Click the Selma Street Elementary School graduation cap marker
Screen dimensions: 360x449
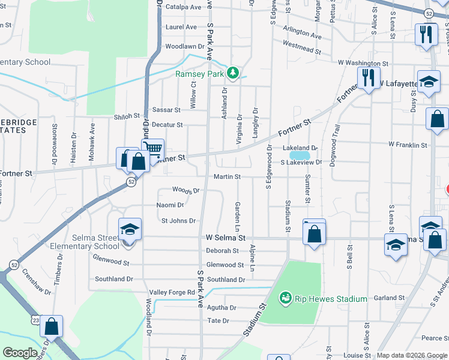[130, 230]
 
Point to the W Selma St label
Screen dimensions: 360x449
[226, 238]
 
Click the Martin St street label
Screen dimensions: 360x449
[227, 177]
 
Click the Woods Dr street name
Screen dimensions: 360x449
[185, 190]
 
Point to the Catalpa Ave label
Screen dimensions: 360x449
[184, 7]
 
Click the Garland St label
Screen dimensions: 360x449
[389, 298]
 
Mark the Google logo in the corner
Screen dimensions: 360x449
[20, 353]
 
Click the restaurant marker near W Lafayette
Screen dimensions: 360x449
[367, 78]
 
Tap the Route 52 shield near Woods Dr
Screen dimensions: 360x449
[130, 181]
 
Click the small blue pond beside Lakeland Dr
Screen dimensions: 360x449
[300, 155]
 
